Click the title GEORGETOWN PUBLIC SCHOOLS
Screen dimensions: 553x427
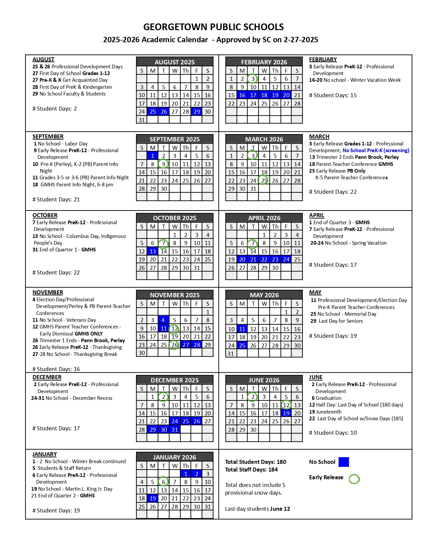tap(213, 27)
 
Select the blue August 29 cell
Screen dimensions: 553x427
tap(197, 112)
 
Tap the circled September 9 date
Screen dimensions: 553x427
tap(163, 164)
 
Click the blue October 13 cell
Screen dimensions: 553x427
tap(153, 251)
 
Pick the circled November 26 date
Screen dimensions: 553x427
tap(174, 345)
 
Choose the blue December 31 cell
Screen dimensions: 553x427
tap(174, 430)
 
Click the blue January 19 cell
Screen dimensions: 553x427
tap(153, 498)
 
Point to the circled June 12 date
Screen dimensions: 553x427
tap(286, 405)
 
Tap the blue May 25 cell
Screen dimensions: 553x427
tap(242, 346)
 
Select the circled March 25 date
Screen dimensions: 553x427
tap(264, 180)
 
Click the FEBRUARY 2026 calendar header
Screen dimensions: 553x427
tap(264, 62)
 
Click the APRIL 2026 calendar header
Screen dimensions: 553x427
tap(264, 218)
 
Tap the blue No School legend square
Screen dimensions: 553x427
tap(344, 462)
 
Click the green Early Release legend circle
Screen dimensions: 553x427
tap(354, 479)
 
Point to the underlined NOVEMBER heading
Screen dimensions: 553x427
tap(48, 292)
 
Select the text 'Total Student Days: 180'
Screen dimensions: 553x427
tap(256, 462)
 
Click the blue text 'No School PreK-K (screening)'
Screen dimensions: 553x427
tap(376, 150)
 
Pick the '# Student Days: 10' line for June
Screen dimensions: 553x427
tap(333, 433)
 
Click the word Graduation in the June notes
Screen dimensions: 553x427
tap(329, 398)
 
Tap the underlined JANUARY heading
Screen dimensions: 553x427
tap(45, 454)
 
